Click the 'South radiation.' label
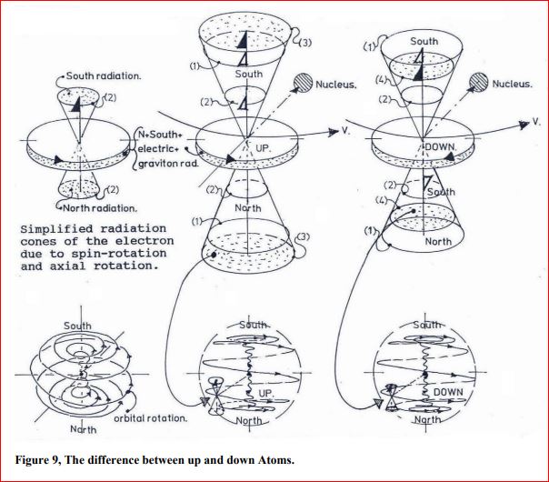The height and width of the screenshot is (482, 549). pyautogui.click(x=104, y=76)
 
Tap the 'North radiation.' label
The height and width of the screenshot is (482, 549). pyautogui.click(x=100, y=208)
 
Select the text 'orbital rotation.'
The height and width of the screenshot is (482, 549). pyautogui.click(x=151, y=418)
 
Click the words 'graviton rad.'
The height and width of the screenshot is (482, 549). pyautogui.click(x=168, y=164)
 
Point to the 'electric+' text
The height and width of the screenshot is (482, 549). pyautogui.click(x=158, y=148)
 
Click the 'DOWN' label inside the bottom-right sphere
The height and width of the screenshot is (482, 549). pyautogui.click(x=448, y=392)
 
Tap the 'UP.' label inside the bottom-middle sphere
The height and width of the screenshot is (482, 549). pyautogui.click(x=265, y=394)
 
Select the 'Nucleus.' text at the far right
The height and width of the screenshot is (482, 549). pyautogui.click(x=512, y=84)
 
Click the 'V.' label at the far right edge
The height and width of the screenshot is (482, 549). pyautogui.click(x=536, y=122)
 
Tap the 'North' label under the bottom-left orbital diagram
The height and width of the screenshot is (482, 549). pyautogui.click(x=83, y=429)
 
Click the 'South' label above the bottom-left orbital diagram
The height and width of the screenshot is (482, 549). pyautogui.click(x=77, y=326)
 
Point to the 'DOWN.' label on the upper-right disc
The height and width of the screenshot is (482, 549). pyautogui.click(x=441, y=147)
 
